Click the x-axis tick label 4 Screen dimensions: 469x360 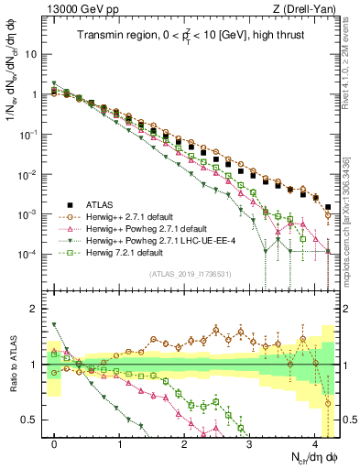click(314, 439)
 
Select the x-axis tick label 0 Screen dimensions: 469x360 click(55, 439)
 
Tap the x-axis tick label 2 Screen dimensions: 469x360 click(184, 439)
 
